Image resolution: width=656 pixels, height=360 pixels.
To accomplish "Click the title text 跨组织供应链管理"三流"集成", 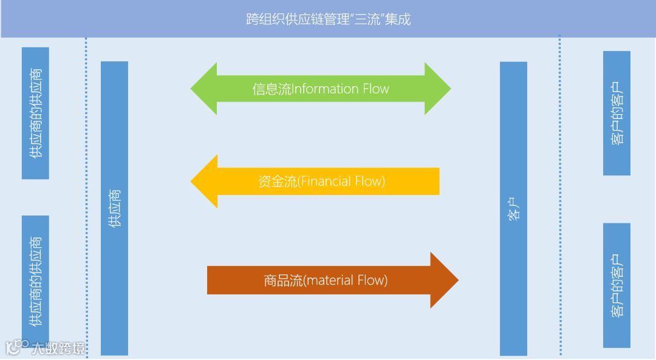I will tap(328, 19).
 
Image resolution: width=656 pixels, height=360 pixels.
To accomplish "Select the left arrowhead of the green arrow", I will tap(204, 89).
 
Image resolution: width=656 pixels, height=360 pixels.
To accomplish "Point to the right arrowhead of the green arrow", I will tap(439, 89).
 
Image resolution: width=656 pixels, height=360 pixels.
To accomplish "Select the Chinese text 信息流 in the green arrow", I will tap(272, 89).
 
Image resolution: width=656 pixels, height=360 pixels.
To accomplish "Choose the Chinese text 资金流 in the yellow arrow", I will tap(276, 181).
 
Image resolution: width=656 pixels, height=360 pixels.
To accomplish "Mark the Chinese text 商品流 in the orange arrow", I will tap(282, 280).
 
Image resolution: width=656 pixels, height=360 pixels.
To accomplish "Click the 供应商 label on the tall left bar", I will tap(114, 208).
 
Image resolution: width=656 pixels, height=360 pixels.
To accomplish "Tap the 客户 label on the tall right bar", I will tap(513, 208).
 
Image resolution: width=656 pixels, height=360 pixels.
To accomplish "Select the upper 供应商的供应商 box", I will tap(35, 113).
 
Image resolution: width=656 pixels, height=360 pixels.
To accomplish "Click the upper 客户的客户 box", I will tap(617, 113).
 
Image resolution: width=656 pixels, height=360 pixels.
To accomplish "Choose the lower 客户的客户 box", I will tap(617, 285).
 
